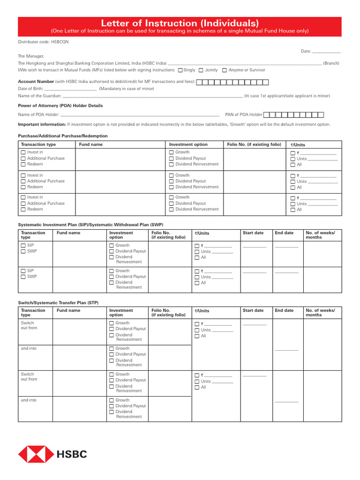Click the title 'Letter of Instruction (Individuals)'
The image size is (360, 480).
180,23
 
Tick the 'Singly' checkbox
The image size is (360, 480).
180,70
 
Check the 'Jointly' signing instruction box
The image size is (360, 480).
201,70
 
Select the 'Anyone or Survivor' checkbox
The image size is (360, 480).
225,70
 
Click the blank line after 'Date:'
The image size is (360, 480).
326,51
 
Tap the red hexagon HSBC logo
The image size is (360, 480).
36,454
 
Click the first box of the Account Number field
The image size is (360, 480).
199,82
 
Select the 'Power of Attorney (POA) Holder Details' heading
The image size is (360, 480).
60,105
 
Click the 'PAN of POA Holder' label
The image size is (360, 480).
242,114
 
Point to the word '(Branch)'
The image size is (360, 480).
331,63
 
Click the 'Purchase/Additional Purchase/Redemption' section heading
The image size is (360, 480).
62,136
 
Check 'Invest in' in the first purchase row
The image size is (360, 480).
23,152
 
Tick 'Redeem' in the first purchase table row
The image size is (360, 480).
23,165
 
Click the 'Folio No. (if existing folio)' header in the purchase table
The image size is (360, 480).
254,144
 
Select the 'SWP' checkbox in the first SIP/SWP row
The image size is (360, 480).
23,251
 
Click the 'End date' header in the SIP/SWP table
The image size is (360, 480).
284,233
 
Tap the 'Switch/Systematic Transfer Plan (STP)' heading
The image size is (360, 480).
59,303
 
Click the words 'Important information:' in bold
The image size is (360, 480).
42,125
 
